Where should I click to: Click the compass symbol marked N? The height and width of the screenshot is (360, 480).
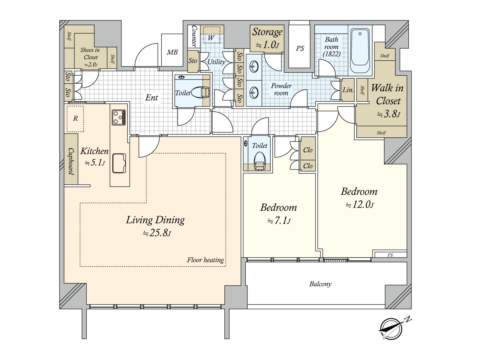(391, 329)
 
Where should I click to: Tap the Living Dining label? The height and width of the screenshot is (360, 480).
(155, 220)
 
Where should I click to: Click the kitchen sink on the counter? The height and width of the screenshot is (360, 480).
(119, 163)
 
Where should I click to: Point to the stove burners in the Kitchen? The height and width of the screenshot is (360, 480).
(118, 117)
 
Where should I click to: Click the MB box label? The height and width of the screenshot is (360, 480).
(172, 52)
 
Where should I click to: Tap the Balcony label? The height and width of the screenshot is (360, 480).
(320, 284)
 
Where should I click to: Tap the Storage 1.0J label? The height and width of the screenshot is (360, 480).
(267, 37)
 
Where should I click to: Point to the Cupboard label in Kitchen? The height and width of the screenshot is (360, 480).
(71, 161)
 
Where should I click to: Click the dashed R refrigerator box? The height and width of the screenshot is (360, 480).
(75, 118)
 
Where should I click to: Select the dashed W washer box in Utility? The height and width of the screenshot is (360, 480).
(211, 35)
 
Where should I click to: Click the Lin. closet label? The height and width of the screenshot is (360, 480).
(348, 90)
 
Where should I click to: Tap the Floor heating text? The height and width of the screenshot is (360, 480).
(205, 260)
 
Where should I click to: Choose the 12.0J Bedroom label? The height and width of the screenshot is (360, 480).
(359, 198)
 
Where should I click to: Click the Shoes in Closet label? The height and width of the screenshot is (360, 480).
(90, 56)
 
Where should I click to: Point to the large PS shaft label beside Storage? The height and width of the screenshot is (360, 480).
(300, 48)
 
